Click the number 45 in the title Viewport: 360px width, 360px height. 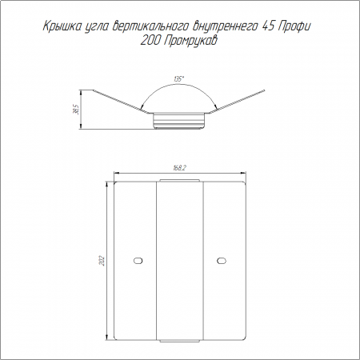coord(269,26)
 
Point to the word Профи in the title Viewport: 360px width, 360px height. coord(294,27)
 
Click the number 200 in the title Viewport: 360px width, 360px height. coord(150,41)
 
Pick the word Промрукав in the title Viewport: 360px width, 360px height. coord(190,42)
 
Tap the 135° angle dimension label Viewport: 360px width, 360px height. coord(178,79)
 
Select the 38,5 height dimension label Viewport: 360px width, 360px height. coord(78,109)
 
